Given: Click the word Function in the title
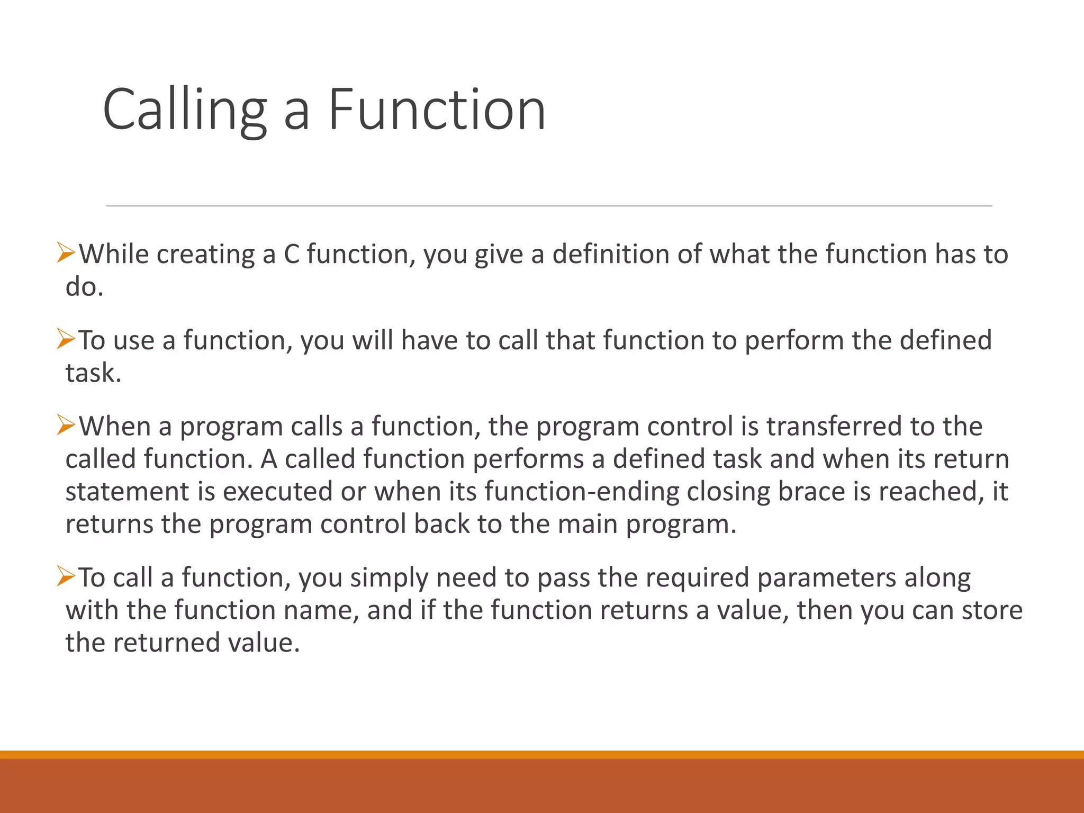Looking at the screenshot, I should pos(437,110).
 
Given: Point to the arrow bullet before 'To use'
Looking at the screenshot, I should pos(66,339).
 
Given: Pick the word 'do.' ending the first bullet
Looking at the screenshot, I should pos(84,287).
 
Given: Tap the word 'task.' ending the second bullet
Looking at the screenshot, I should pos(93,373).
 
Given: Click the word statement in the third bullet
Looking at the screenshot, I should pos(127,492).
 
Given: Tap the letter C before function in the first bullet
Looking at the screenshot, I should pos(292,254).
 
